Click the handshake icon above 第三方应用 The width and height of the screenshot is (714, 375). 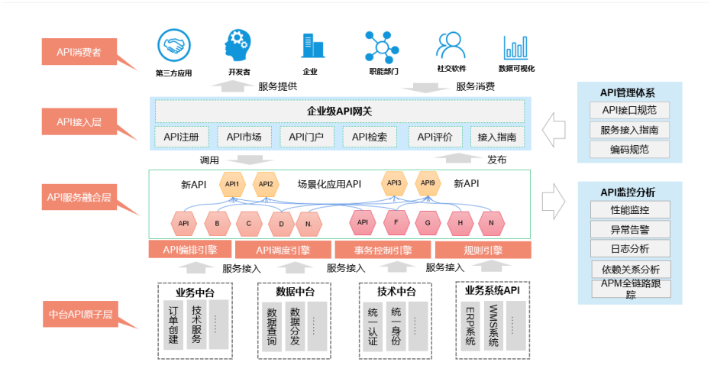173,45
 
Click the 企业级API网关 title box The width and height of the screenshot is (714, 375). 340,112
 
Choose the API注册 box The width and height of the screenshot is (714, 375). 182,137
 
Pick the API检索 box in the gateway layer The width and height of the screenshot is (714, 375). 369,137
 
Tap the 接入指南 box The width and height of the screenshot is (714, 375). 497,137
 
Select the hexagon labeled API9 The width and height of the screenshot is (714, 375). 428,183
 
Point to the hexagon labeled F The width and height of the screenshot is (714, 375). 396,223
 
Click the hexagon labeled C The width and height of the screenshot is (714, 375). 249,224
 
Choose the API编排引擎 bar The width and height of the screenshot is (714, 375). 190,250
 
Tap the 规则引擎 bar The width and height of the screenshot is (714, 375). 483,250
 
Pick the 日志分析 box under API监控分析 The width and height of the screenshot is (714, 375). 630,248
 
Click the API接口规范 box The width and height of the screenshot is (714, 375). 630,111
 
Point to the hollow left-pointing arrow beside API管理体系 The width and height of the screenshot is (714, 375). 554,130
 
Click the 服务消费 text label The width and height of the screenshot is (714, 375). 475,86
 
